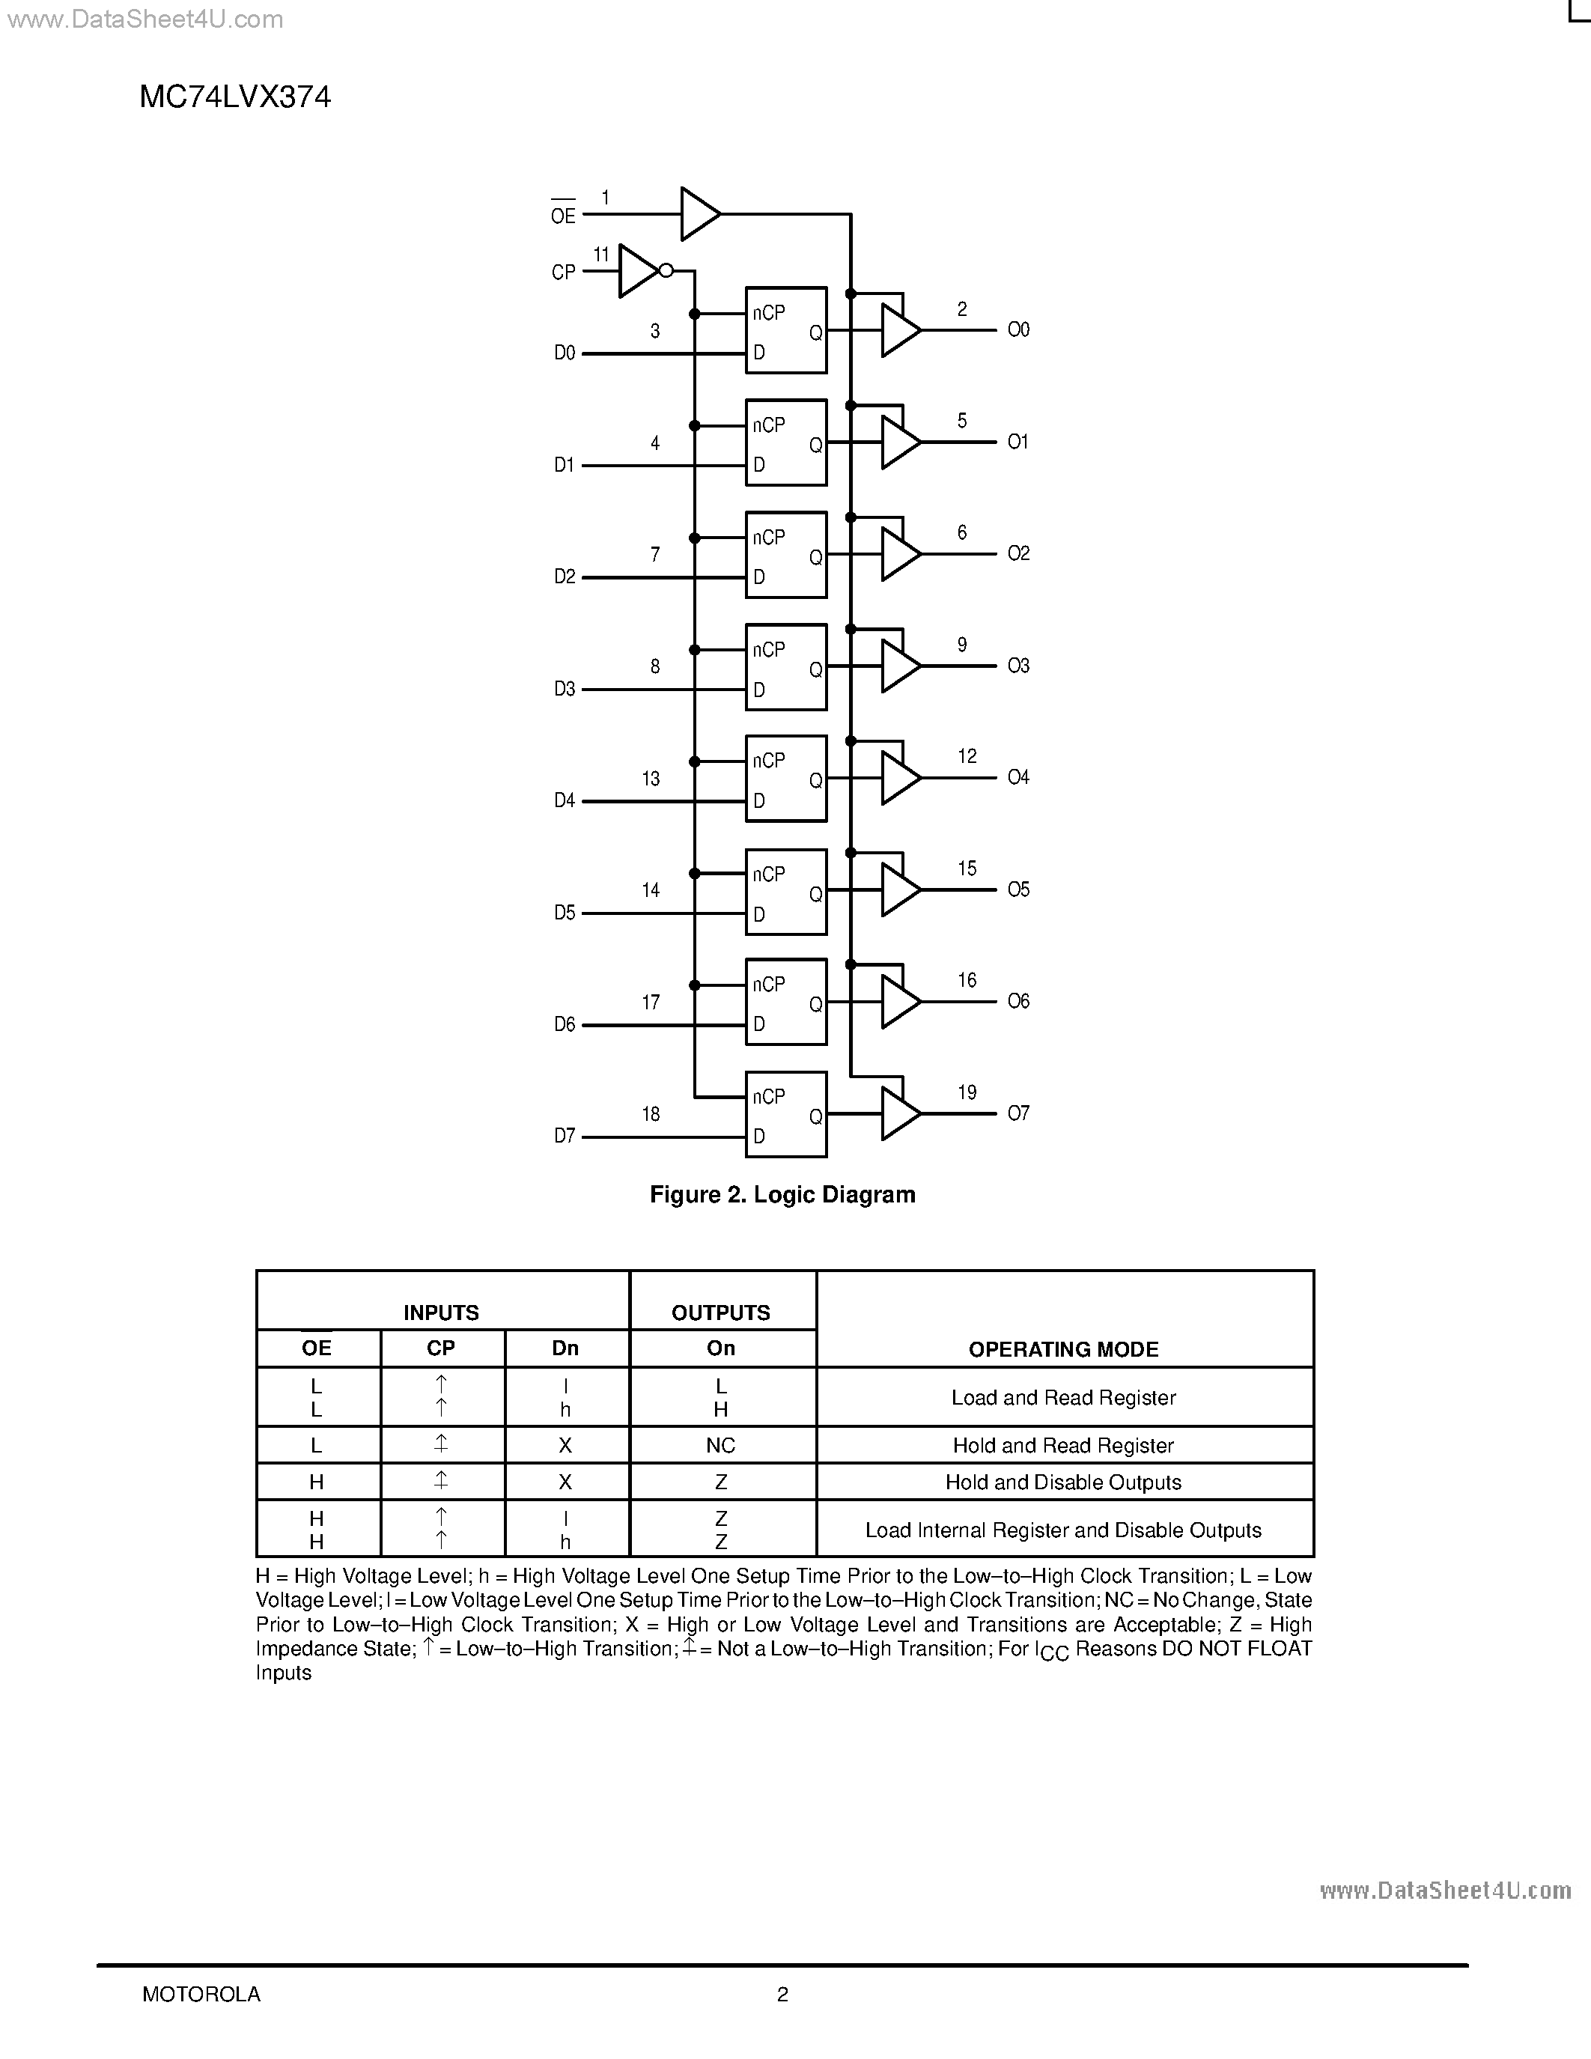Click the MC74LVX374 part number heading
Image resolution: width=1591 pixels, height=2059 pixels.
coord(234,97)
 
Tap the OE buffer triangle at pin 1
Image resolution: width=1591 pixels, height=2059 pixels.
coord(699,214)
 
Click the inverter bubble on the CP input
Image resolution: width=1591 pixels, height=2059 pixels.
coord(666,270)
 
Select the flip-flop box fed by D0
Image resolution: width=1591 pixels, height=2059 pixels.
coord(786,330)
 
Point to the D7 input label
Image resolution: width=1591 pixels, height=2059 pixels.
coord(564,1136)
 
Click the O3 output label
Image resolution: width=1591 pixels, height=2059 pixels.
coord(1018,666)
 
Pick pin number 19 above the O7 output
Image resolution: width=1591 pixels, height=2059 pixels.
coord(967,1092)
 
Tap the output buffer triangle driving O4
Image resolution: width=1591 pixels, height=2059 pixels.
coord(899,778)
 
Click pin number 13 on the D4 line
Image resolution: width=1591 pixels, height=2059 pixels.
coord(651,779)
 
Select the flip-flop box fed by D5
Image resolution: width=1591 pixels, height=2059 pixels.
coord(786,892)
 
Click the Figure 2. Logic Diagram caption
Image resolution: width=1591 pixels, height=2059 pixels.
coord(782,1194)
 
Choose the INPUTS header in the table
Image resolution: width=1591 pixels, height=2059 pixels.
coord(441,1313)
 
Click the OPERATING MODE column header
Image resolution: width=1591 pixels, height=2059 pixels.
coord(1063,1349)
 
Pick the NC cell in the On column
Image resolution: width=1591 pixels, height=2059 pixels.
coord(721,1445)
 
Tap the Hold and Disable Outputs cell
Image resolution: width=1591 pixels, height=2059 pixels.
coord(1063,1482)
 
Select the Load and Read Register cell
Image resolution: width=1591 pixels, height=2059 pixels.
coord(1063,1397)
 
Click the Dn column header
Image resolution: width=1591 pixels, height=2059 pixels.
coord(565,1348)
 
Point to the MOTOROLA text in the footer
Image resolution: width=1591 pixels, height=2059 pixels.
coord(201,1994)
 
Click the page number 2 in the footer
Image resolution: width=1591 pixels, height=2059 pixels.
coord(782,1994)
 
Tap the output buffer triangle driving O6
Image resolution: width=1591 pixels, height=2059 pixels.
coord(899,1001)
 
